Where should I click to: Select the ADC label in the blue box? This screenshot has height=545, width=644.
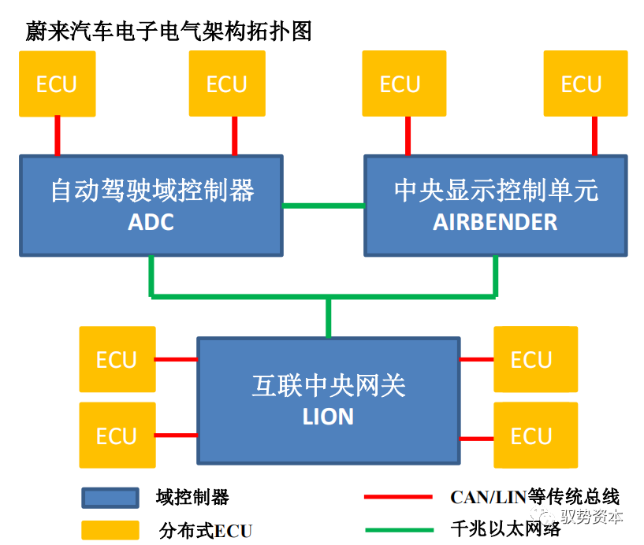[x=151, y=222]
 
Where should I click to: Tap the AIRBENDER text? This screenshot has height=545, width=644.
[x=495, y=222]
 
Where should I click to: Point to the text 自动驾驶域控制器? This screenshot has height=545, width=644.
[x=152, y=191]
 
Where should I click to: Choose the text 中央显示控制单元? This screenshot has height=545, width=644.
[x=496, y=191]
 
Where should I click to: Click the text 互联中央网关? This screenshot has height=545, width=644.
[x=328, y=386]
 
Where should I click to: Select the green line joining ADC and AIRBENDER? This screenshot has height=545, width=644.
[x=323, y=206]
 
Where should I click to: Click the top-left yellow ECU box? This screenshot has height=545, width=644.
[x=57, y=83]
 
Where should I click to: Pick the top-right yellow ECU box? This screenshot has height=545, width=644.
[x=581, y=83]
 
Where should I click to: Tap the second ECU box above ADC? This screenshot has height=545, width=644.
[x=227, y=83]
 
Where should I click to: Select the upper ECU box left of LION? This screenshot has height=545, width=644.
[x=116, y=360]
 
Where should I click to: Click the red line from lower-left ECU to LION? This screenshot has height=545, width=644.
[x=175, y=435]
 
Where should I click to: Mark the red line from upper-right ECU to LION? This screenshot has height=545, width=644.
[x=476, y=360]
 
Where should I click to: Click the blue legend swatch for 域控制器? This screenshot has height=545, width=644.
[x=110, y=498]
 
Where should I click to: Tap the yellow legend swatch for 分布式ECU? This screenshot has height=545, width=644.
[x=110, y=530]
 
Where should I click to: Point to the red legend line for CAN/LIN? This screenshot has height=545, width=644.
[x=398, y=498]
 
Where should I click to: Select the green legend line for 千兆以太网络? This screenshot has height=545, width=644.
[x=398, y=530]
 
